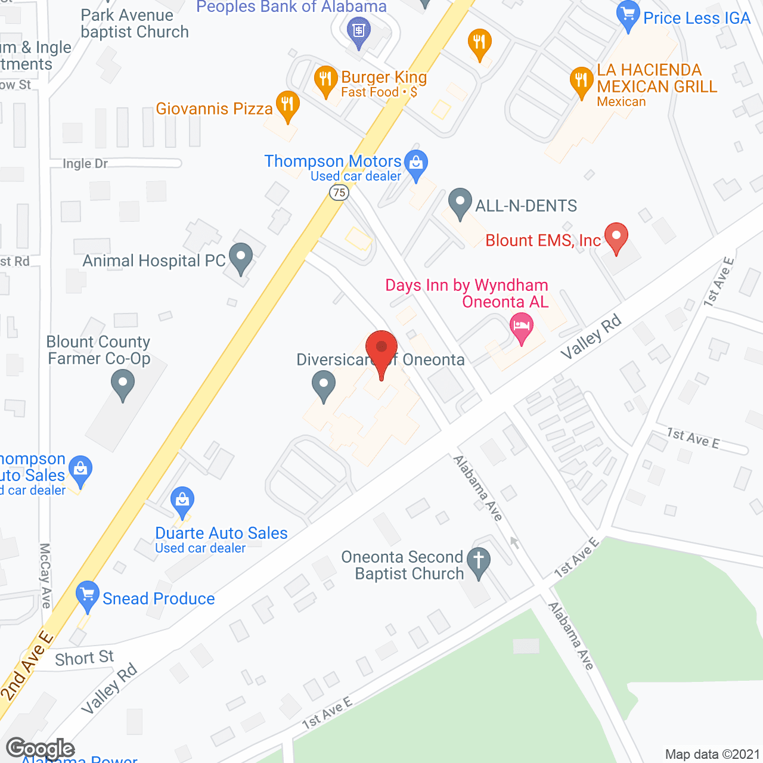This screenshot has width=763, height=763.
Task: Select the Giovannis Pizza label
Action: (x=214, y=108)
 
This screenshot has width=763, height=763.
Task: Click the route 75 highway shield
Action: (x=339, y=192)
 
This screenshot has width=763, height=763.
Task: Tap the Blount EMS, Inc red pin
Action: (x=616, y=237)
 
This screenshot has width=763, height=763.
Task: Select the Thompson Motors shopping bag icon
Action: (x=415, y=163)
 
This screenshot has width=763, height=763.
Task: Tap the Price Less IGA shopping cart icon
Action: (x=628, y=15)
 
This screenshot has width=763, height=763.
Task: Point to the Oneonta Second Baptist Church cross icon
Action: (x=478, y=561)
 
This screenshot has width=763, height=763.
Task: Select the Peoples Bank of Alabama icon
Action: (x=359, y=29)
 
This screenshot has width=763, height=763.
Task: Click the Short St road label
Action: (x=84, y=658)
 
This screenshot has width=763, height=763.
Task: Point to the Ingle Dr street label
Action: (x=85, y=163)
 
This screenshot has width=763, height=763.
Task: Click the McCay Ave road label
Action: (x=45, y=575)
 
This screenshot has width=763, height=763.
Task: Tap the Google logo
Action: (x=40, y=749)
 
